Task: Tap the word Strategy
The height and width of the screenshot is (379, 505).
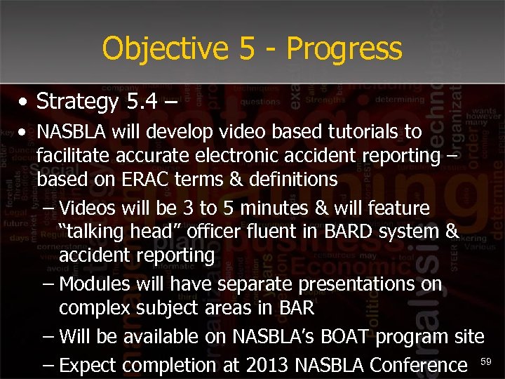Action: pos(78,102)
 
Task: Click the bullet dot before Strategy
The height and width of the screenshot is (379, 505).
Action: pos(24,103)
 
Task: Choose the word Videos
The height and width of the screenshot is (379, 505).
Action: pos(88,208)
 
